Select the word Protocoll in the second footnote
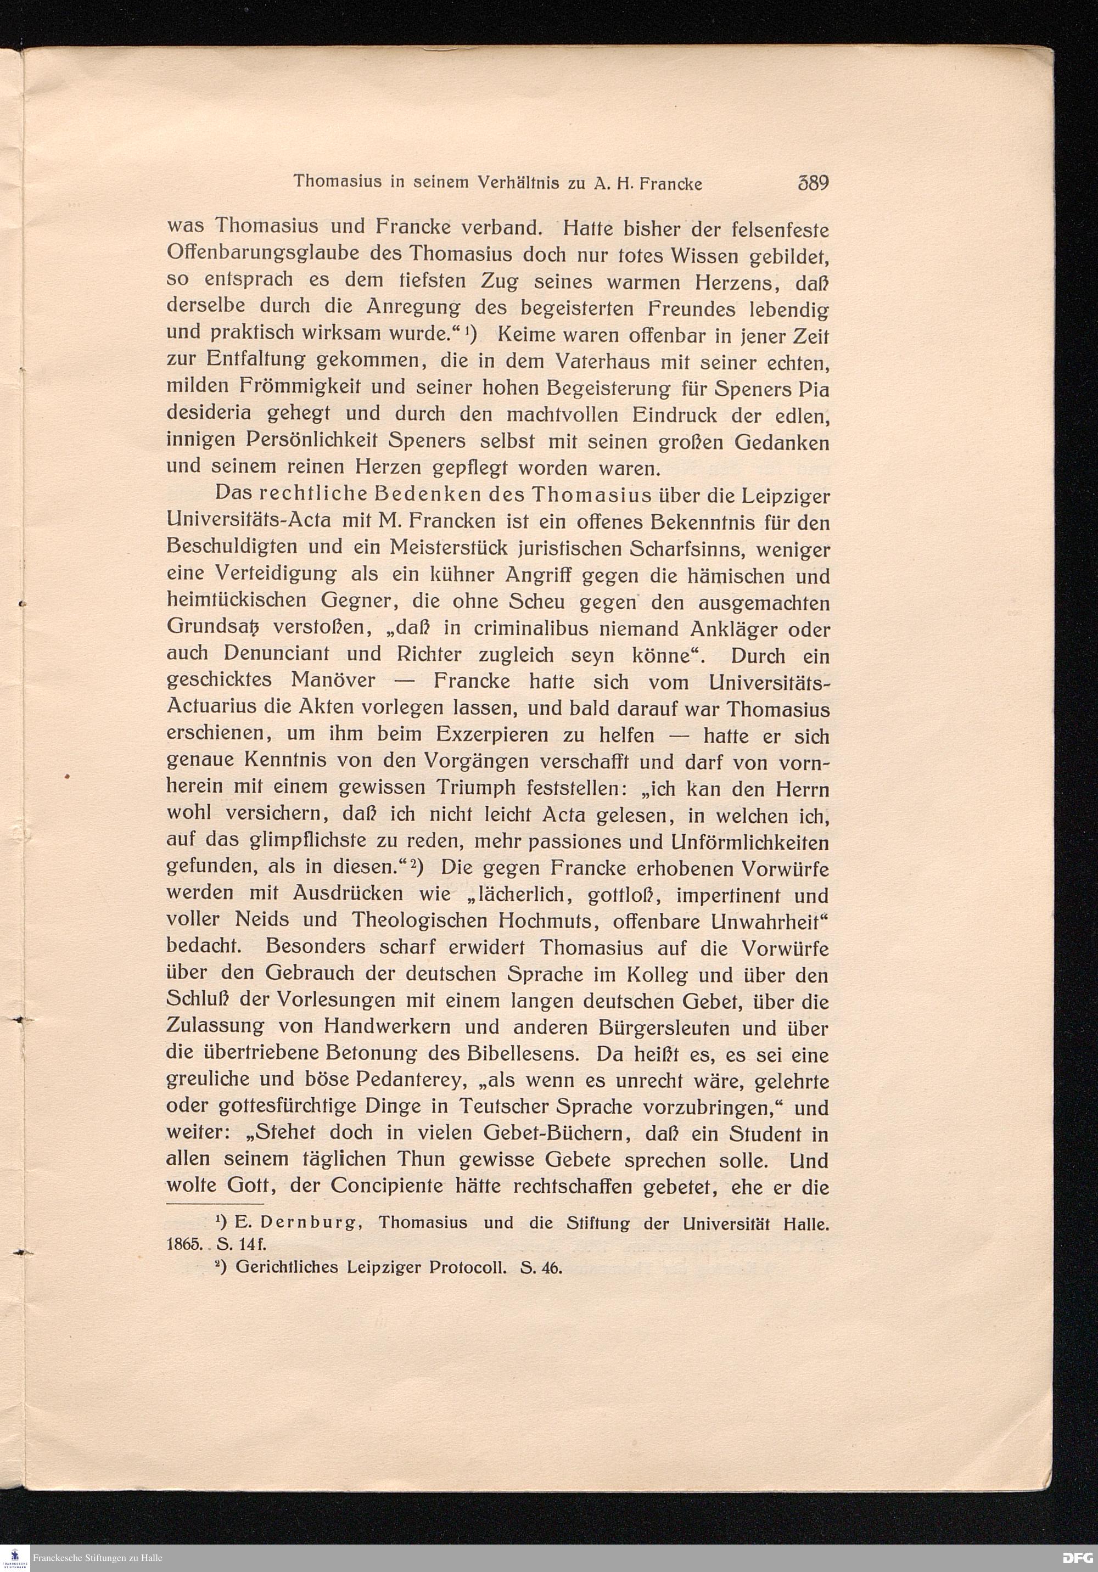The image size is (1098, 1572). [x=467, y=1267]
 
